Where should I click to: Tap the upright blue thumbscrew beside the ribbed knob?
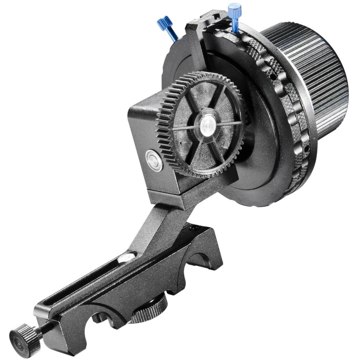point(235,12)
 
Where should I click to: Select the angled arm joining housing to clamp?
point(156,226)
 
